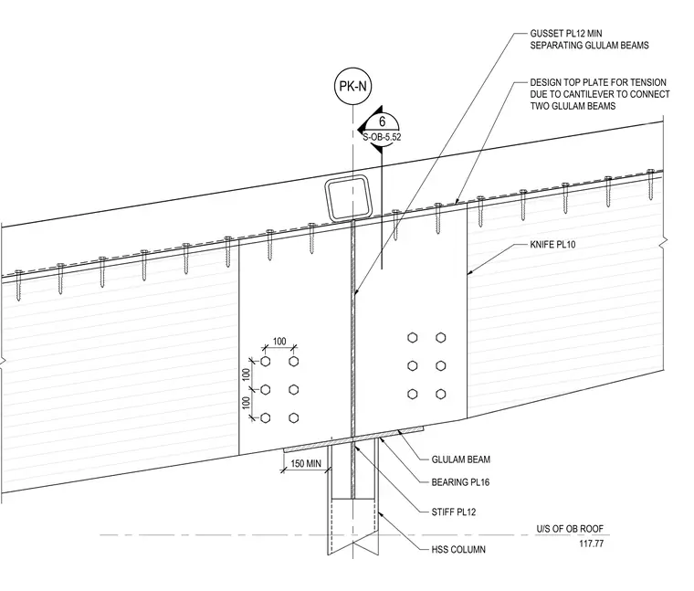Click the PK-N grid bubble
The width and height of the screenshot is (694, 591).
(352, 87)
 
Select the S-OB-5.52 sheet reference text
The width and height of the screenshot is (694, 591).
(382, 137)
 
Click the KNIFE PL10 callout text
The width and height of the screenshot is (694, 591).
(552, 245)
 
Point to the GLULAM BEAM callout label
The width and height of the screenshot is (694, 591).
(461, 459)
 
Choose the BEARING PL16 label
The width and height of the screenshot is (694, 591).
(460, 482)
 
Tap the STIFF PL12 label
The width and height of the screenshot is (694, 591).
(454, 512)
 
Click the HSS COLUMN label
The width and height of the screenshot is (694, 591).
(458, 549)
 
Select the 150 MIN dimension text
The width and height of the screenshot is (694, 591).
(305, 463)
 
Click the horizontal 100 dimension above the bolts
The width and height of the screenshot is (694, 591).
(279, 342)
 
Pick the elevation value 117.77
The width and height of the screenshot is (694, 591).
(592, 544)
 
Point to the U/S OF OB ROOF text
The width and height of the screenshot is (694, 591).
(570, 529)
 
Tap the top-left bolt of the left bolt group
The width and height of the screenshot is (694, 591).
(265, 361)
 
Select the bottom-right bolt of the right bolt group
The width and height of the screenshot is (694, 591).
(440, 394)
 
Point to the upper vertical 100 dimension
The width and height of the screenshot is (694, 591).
(247, 375)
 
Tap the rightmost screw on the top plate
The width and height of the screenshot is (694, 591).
(650, 185)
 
